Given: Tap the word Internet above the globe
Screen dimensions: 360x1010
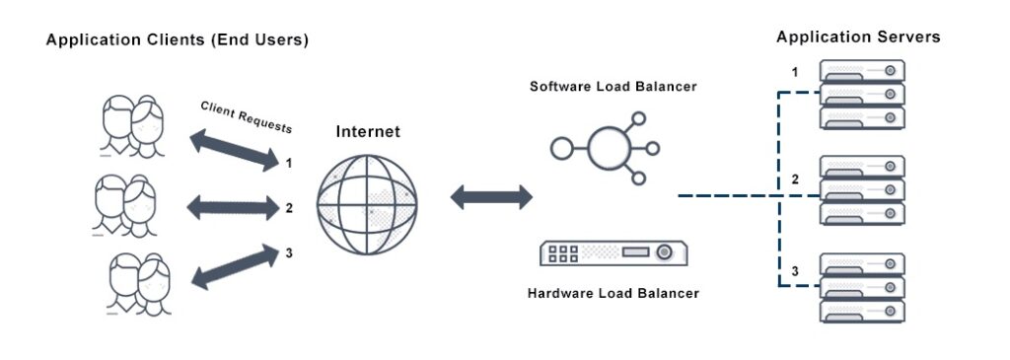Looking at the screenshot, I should [368, 132].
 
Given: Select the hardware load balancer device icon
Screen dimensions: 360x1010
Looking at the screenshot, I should [613, 253].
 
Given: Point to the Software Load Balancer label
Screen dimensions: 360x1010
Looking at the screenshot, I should [613, 87].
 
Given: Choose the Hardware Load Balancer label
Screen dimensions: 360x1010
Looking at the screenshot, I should [613, 293].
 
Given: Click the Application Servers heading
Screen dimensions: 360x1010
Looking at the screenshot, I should [858, 37].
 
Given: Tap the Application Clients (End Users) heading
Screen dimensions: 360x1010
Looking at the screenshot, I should [178, 40].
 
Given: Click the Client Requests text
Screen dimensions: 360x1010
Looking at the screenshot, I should [247, 116].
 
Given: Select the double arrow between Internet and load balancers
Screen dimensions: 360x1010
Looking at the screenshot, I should [491, 196].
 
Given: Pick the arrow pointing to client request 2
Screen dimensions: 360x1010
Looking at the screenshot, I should [233, 207].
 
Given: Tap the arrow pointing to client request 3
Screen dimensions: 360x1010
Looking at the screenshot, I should [233, 266].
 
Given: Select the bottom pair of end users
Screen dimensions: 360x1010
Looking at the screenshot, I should [136, 284].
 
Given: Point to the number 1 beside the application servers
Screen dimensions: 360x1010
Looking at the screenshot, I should [795, 72].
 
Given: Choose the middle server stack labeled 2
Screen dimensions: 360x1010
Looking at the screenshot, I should [862, 189].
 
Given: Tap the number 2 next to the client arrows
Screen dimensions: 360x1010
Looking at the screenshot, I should [289, 208].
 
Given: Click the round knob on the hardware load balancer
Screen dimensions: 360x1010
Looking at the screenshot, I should [665, 252].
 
